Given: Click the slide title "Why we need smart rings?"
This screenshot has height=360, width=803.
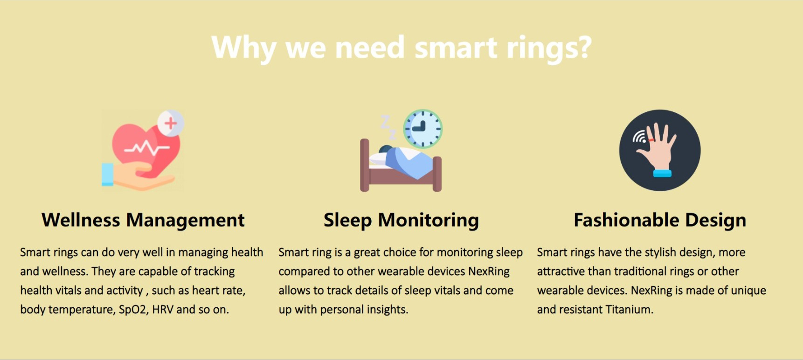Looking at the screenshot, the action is pyautogui.click(x=401, y=48).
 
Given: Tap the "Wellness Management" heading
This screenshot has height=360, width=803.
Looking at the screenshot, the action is pyautogui.click(x=143, y=220).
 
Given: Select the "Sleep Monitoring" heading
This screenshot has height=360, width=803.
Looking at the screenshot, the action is pyautogui.click(x=401, y=220).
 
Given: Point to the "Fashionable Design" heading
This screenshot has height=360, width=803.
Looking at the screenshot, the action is pyautogui.click(x=660, y=220).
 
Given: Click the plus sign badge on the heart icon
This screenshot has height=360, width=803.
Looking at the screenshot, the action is pyautogui.click(x=170, y=123).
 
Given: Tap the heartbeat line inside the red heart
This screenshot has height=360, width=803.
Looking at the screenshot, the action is pyautogui.click(x=146, y=149).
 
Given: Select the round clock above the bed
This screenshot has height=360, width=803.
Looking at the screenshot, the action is pyautogui.click(x=423, y=129).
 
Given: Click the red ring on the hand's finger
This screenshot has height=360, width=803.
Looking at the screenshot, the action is pyautogui.click(x=651, y=140).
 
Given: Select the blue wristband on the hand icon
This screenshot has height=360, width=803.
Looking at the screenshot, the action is pyautogui.click(x=662, y=173).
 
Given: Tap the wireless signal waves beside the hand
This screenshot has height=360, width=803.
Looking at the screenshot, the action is pyautogui.click(x=639, y=137).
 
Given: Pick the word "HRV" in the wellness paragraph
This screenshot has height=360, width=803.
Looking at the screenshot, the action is pyautogui.click(x=163, y=310).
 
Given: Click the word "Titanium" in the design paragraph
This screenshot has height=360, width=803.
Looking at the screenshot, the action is pyautogui.click(x=629, y=310).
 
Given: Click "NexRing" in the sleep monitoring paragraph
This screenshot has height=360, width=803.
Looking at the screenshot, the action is pyautogui.click(x=489, y=271).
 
